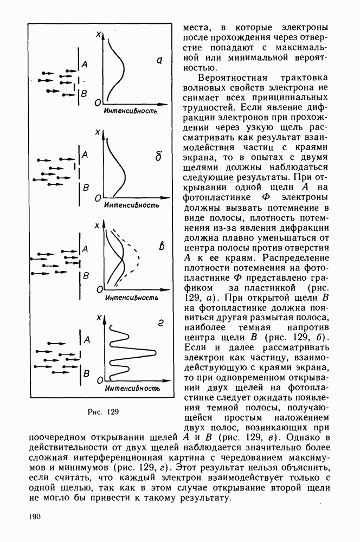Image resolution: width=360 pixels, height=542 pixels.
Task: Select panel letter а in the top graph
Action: [x=160, y=61]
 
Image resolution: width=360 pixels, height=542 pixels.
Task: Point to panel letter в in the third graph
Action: [x=161, y=248]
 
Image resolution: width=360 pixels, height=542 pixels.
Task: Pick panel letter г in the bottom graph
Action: [x=160, y=325]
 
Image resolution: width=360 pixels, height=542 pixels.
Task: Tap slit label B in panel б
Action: [x=85, y=188]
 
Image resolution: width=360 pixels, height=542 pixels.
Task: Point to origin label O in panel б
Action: [x=98, y=199]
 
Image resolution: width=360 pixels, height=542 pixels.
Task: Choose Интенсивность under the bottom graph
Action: [x=132, y=389]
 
